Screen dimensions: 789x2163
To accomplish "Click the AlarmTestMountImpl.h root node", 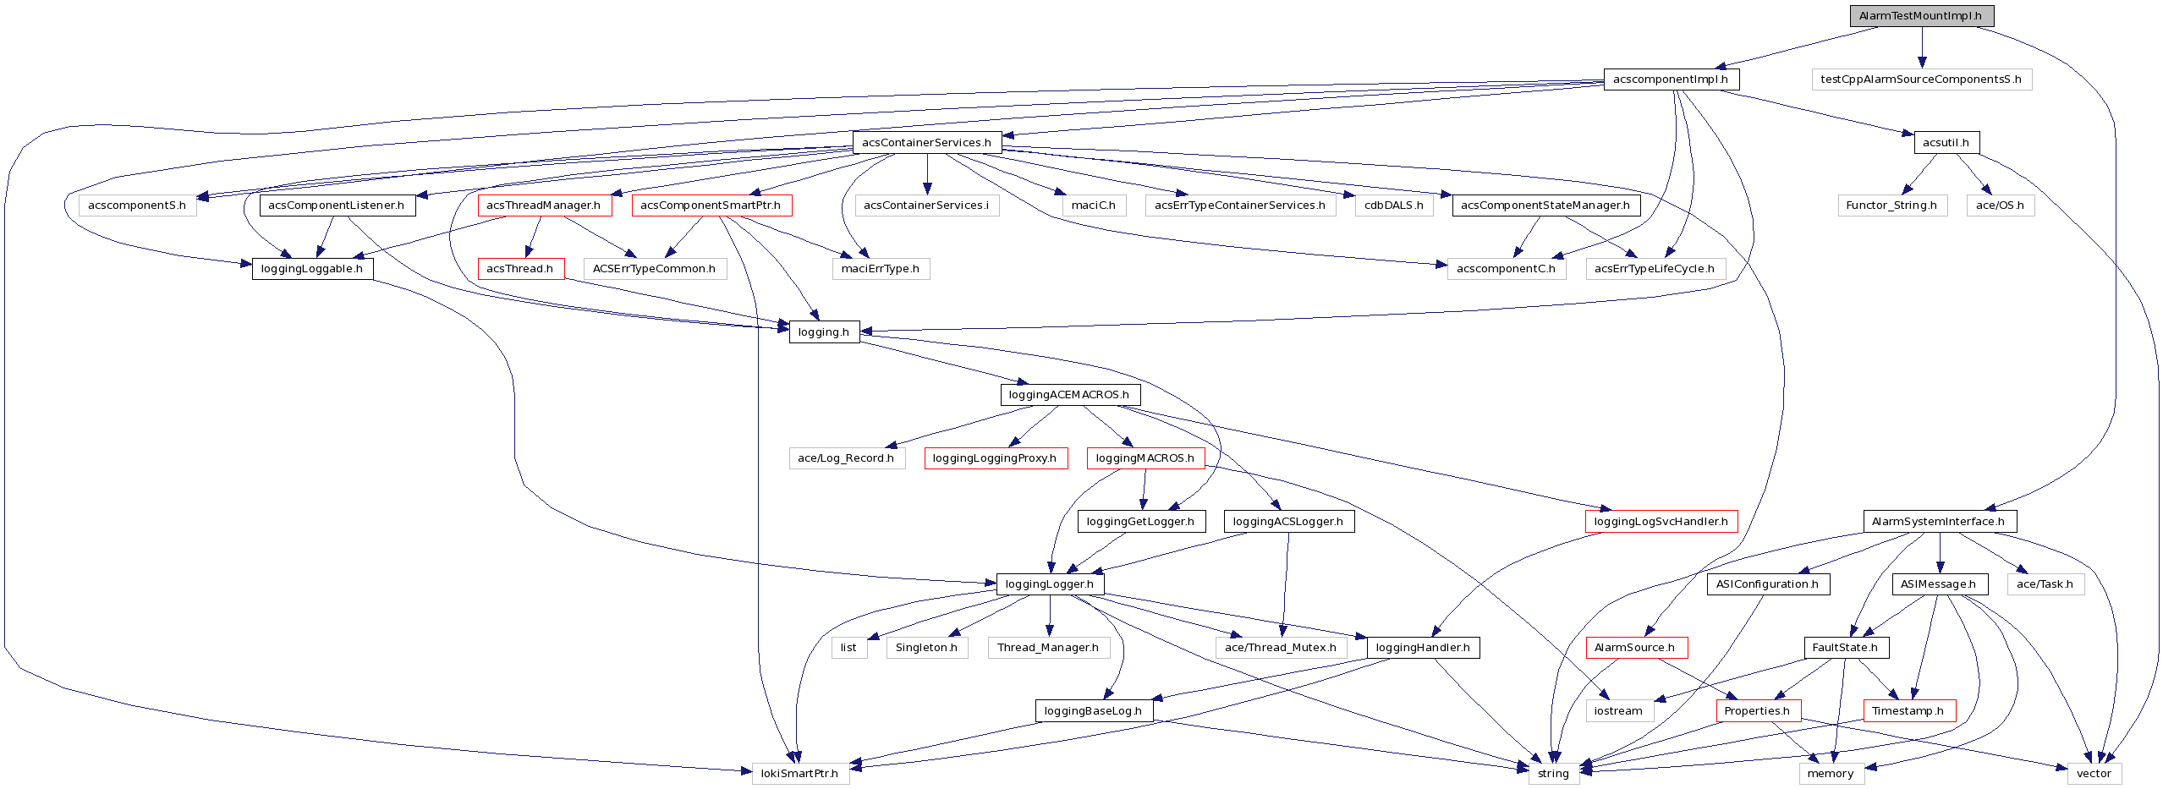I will [1920, 16].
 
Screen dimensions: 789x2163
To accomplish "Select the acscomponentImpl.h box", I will [1671, 79].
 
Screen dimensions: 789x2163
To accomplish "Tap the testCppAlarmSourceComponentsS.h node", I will [1920, 79].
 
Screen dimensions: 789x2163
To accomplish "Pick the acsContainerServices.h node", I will [926, 143].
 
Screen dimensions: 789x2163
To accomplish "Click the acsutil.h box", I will [1946, 143].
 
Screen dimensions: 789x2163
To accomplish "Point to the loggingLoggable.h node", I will [312, 269].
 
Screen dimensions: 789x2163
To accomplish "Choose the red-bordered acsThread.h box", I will [520, 269].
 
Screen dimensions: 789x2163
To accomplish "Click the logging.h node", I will [823, 332].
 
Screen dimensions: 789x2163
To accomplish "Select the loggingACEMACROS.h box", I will [1069, 395].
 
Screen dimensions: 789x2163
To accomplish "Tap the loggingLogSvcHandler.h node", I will [1661, 522].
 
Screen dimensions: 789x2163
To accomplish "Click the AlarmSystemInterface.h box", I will [1939, 522].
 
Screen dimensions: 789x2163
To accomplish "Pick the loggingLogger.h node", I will [1049, 584].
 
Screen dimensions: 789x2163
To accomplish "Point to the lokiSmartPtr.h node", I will [800, 774].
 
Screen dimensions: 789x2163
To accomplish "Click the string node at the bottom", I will [1553, 774].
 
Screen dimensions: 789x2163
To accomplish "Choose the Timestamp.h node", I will [1908, 711].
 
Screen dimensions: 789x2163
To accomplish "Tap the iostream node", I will [1618, 711].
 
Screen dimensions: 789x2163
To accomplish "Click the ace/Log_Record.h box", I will [846, 458].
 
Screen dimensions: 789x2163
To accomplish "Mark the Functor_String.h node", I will [1891, 205].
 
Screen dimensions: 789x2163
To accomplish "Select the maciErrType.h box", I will [880, 269].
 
